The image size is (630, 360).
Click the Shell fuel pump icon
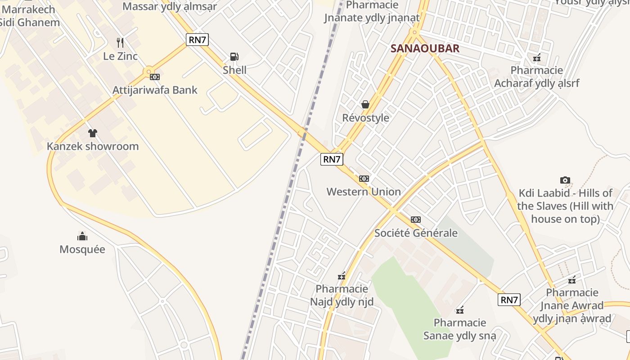pos(234,57)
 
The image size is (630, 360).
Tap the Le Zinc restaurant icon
pos(120,43)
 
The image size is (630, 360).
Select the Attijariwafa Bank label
pos(155,90)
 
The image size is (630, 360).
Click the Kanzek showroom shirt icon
pos(93,133)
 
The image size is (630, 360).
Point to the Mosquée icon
pos(82,236)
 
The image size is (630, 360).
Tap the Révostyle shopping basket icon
pos(365,104)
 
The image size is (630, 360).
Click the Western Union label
pos(364,192)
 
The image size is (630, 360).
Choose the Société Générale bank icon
pos(416,220)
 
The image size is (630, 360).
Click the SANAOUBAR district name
pos(425,49)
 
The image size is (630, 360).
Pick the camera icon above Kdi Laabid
pos(565,180)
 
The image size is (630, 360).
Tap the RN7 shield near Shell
pos(198,40)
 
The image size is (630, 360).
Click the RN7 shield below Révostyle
pos(332,159)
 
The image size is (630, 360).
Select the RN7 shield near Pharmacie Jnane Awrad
pos(509,300)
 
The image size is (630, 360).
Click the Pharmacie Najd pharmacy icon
pos(342,276)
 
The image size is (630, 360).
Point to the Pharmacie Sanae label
pos(459,329)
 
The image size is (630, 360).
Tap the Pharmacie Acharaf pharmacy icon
pos(536,57)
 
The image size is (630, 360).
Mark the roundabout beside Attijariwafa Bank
pos(148,71)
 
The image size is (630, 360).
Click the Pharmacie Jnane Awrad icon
pos(572,280)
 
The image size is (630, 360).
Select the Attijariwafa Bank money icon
pos(155,77)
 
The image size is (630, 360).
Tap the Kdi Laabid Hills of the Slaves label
pos(565,206)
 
